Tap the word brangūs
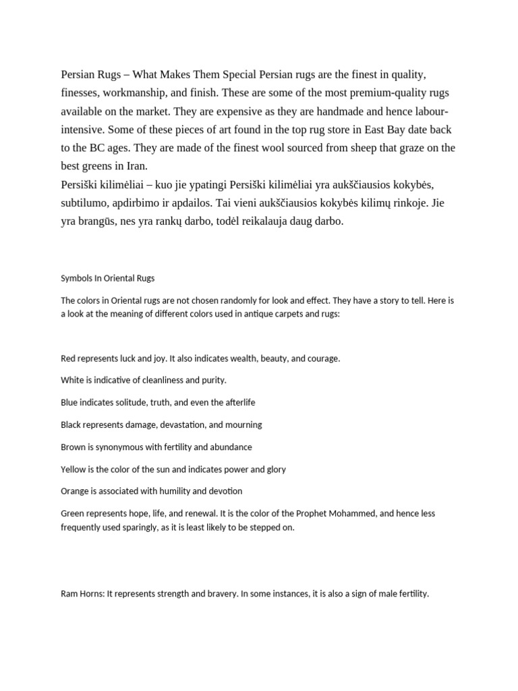(100, 221)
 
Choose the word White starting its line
(72, 381)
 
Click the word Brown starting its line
(73, 447)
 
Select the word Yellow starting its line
(74, 469)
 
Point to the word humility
(172, 491)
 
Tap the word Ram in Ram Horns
(69, 595)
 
